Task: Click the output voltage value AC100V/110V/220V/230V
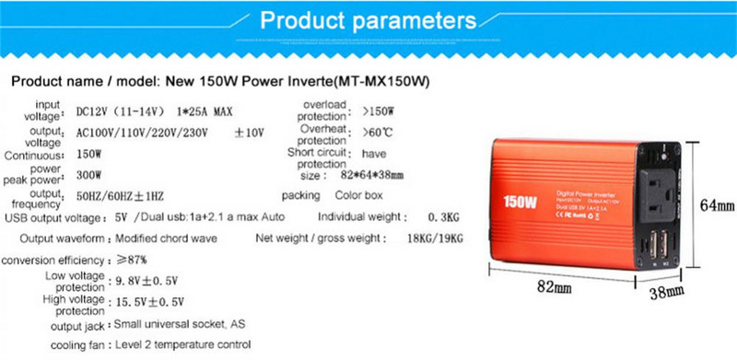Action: [x=143, y=134]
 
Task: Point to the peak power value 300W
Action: [x=89, y=174]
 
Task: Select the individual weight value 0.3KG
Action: [x=429, y=217]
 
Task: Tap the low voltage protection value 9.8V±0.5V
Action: [x=148, y=281]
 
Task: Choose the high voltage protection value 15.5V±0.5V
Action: [x=148, y=301]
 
